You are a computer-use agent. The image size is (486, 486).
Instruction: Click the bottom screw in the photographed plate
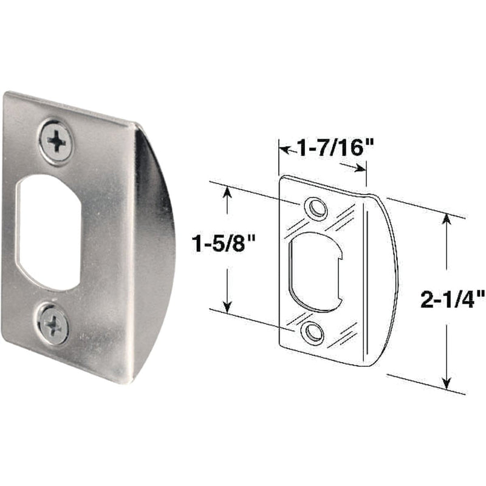53,324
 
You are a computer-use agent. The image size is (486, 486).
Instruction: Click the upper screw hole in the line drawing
315,208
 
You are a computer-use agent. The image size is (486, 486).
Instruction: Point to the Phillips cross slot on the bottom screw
53,325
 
